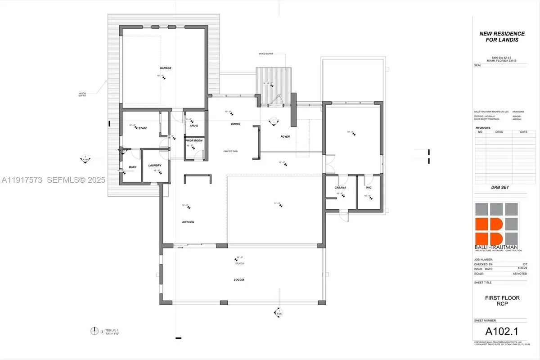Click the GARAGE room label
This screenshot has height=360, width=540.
tap(165, 68)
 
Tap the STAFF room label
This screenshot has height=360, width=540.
tap(143, 128)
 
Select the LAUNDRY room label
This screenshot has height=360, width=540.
tap(155, 166)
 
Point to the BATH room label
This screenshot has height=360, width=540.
tap(132, 167)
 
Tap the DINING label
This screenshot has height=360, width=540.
tap(236, 124)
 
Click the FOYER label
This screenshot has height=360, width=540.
tap(285, 136)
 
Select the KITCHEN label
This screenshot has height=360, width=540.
tap(188, 222)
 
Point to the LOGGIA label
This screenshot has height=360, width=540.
tap(239, 279)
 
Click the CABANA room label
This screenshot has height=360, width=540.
tap(340, 187)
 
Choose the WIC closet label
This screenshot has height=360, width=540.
tap(369, 187)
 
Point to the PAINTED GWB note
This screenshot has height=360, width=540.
tap(230, 151)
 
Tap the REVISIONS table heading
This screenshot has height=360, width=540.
tap(484, 128)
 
